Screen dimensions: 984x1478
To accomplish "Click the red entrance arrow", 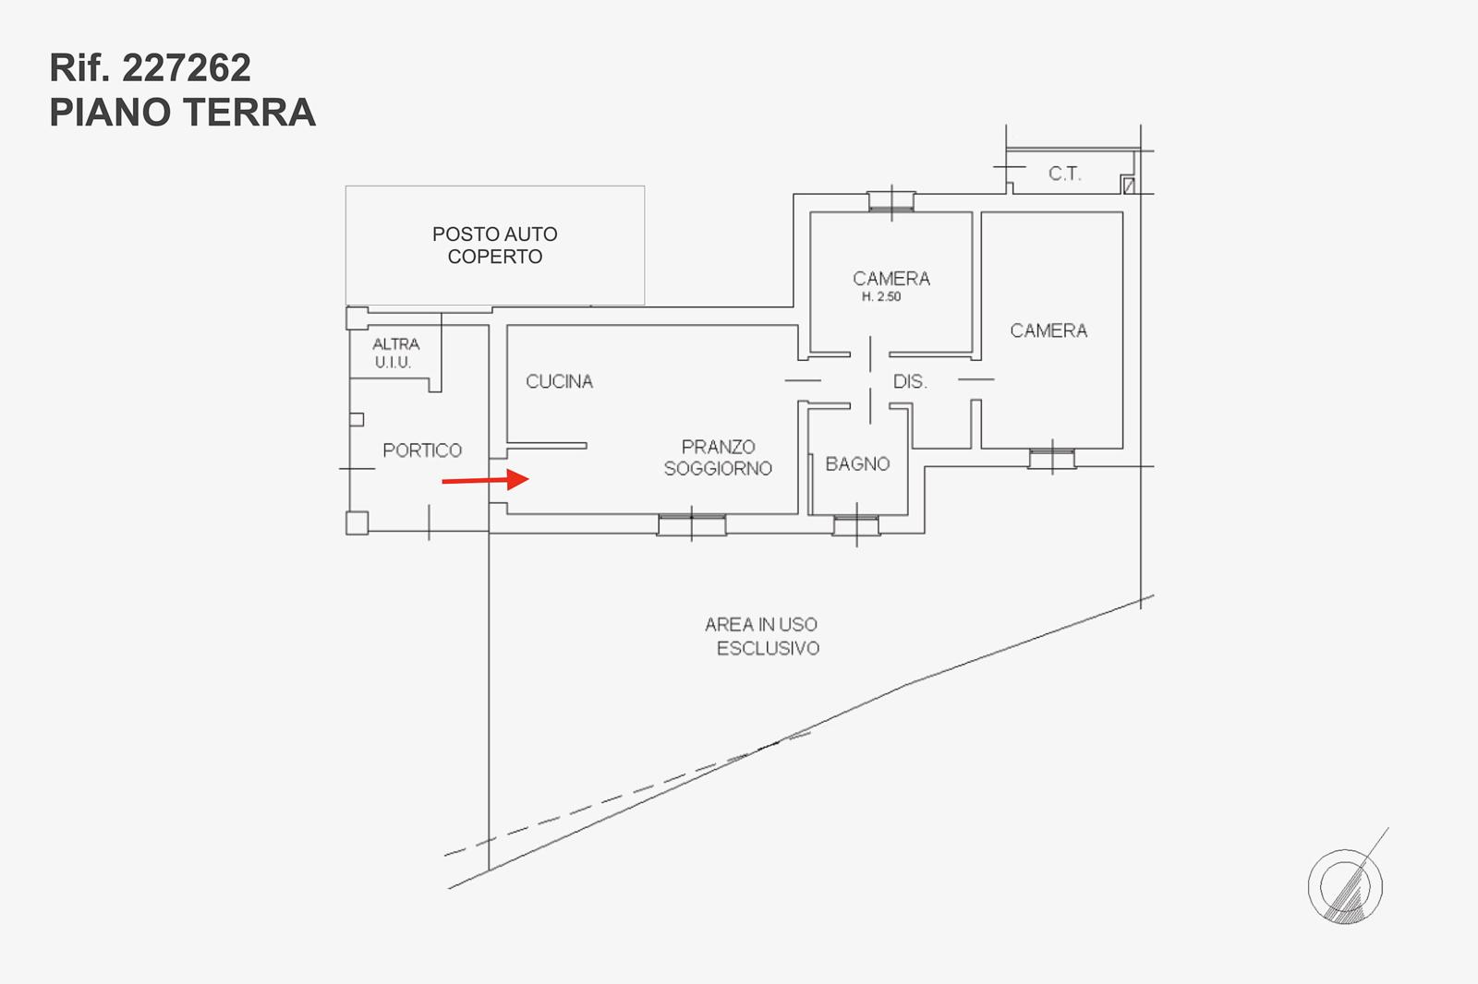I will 485,480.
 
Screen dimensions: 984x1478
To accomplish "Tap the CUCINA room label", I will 559,381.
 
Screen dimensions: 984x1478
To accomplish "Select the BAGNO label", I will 857,463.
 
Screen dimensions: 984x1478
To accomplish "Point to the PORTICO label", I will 422,450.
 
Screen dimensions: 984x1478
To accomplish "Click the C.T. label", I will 1064,174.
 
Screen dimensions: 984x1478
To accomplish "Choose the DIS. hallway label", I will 909,381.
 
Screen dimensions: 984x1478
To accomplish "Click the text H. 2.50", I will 881,296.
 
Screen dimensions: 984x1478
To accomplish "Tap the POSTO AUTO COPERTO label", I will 495,246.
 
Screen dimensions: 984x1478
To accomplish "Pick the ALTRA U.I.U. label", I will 395,353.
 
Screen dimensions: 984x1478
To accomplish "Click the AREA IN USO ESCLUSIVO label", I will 763,636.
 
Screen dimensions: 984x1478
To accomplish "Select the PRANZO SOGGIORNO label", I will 718,458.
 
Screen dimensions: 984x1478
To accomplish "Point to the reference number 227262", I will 187,68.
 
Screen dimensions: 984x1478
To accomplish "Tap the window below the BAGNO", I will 855,526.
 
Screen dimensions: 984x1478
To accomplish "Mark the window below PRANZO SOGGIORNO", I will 691,525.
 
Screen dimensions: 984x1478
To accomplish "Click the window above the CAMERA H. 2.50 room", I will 891,201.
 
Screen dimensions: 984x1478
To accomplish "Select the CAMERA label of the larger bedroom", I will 1048,330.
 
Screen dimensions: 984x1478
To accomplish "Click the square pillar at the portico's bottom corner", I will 357,523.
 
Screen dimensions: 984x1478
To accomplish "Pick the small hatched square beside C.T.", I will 1128,186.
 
